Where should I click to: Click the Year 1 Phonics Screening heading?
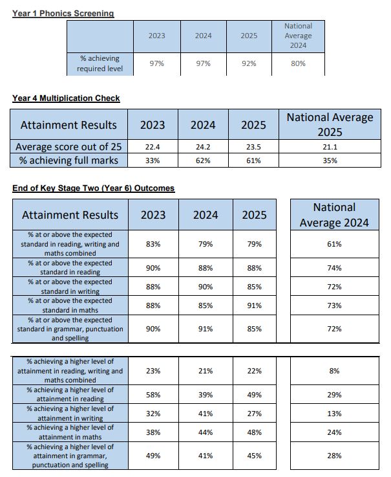click(x=63, y=14)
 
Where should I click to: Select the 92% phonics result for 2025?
click(x=249, y=63)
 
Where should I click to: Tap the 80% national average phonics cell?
click(x=298, y=63)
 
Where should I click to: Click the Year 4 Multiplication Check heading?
click(x=66, y=98)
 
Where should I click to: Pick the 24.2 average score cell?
click(x=203, y=147)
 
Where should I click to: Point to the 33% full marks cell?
click(x=153, y=161)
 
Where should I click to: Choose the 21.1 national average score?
click(x=330, y=147)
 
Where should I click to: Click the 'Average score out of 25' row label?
click(x=69, y=147)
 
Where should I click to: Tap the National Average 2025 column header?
click(x=330, y=124)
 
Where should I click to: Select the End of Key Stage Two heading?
click(x=93, y=188)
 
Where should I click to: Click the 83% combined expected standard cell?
click(x=153, y=244)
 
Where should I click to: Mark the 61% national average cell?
click(x=334, y=244)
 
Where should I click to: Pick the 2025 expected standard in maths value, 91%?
click(x=254, y=305)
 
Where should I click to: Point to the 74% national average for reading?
click(x=334, y=268)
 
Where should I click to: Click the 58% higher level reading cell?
click(x=153, y=395)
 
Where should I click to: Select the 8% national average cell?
click(x=334, y=371)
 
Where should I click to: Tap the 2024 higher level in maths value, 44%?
click(x=206, y=432)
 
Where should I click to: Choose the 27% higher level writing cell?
click(x=254, y=414)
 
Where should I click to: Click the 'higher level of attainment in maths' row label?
click(x=70, y=432)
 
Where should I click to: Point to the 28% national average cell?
click(x=334, y=456)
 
